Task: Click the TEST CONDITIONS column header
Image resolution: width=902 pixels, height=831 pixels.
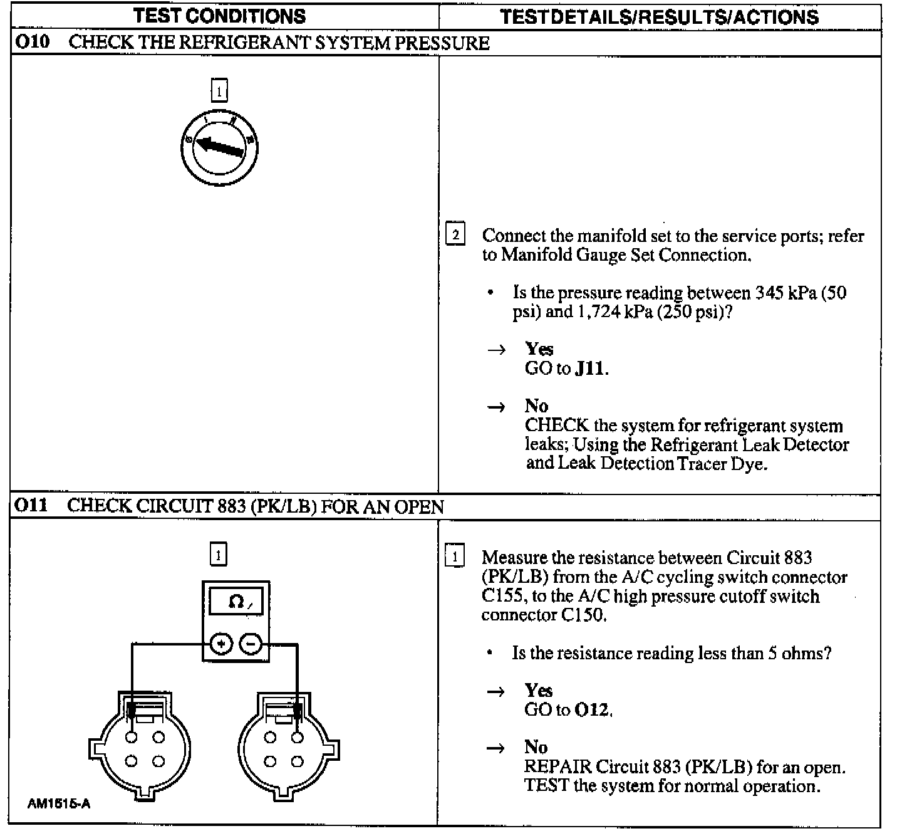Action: pyautogui.click(x=219, y=16)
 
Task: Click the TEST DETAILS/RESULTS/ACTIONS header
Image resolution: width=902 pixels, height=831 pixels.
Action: pyautogui.click(x=660, y=17)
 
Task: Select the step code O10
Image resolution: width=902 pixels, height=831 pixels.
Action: pyautogui.click(x=32, y=43)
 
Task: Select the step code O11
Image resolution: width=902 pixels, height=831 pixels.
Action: pyautogui.click(x=31, y=505)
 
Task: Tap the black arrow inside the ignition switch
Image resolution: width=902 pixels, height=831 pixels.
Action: pyautogui.click(x=219, y=147)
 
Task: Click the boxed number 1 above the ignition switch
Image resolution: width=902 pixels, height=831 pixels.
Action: pyautogui.click(x=219, y=91)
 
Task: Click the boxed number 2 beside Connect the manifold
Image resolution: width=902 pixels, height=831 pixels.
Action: pyautogui.click(x=455, y=235)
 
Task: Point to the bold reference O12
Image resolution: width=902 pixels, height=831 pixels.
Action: pyautogui.click(x=592, y=709)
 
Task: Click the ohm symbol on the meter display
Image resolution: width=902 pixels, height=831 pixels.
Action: pyautogui.click(x=236, y=602)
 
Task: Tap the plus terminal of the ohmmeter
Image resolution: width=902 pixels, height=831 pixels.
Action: pyautogui.click(x=221, y=644)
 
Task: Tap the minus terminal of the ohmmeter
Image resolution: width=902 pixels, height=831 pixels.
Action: pyautogui.click(x=251, y=644)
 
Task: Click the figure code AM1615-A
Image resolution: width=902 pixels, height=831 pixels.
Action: pyautogui.click(x=59, y=803)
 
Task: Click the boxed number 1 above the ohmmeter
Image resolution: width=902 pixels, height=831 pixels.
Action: pyautogui.click(x=218, y=555)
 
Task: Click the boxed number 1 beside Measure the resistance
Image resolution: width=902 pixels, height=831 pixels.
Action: pyautogui.click(x=454, y=557)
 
